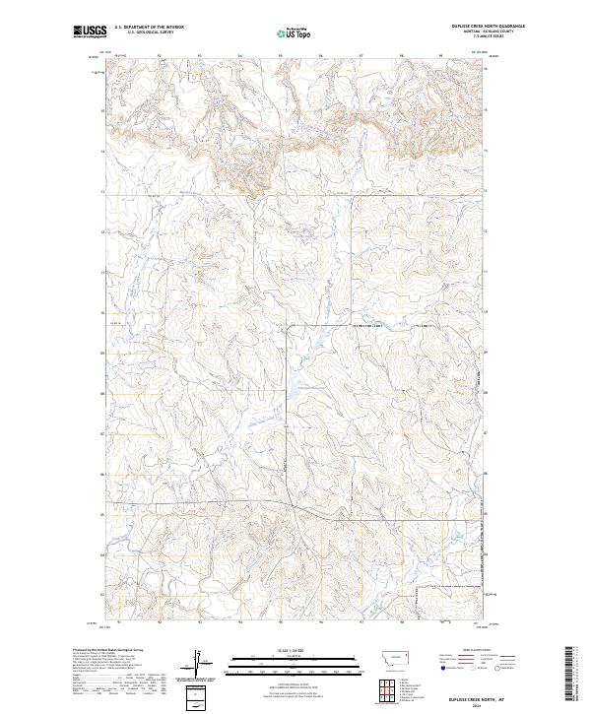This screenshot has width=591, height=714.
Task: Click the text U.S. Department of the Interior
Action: (x=149, y=28)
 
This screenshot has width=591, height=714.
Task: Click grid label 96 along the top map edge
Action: (x=321, y=56)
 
